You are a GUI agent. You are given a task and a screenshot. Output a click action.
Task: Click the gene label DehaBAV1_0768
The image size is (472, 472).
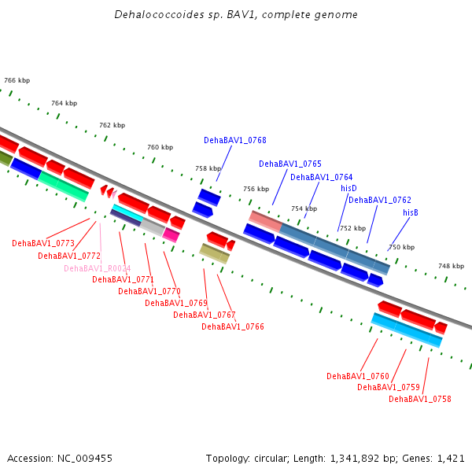235,140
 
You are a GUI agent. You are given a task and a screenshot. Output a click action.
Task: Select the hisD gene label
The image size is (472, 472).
348,188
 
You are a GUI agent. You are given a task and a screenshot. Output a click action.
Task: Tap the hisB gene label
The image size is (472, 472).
411,212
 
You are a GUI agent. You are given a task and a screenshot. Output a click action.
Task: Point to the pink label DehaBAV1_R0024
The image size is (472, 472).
98,268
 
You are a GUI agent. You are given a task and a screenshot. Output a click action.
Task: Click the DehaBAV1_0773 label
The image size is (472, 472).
43,243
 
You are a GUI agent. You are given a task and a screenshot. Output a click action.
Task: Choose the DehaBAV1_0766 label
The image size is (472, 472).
233,326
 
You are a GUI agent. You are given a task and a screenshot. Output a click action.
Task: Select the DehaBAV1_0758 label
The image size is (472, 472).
420,399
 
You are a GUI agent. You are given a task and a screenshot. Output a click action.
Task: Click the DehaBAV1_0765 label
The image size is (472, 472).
290,164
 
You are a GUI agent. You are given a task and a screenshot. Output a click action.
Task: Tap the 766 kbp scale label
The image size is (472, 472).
17,80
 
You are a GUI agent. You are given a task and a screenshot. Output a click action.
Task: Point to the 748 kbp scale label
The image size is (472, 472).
452,266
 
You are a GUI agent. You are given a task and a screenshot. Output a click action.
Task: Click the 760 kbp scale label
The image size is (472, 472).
160,147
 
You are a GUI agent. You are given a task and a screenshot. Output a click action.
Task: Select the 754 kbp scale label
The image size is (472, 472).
304,208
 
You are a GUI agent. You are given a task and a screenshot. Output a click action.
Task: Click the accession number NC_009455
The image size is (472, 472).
85,459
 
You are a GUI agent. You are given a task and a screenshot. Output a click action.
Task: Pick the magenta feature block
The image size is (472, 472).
171,234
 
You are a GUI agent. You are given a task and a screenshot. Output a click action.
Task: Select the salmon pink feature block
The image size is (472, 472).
266,221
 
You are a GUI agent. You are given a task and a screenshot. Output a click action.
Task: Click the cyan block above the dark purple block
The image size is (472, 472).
128,212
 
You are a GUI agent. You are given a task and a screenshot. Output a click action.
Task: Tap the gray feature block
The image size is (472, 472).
153,227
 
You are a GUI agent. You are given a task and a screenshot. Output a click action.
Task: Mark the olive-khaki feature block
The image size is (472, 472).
215,254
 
